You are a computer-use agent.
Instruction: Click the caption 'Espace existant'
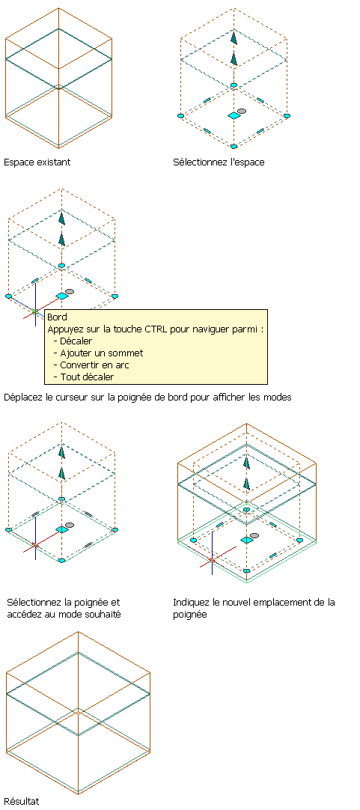point(37,162)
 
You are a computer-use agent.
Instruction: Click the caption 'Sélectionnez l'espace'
point(219,162)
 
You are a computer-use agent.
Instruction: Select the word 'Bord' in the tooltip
point(57,317)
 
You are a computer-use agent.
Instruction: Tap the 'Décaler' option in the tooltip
point(76,341)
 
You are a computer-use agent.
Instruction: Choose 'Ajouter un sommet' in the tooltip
point(101,353)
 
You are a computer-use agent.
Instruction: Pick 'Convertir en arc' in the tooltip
point(94,365)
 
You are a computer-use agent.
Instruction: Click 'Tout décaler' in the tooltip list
point(87,377)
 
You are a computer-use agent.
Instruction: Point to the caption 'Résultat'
point(21,801)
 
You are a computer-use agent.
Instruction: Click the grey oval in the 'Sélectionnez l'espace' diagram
point(242,111)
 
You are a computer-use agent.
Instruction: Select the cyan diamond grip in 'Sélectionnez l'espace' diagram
point(234,116)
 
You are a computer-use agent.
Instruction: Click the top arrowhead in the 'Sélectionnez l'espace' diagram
point(234,38)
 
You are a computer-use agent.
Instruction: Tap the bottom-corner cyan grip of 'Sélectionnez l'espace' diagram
point(234,147)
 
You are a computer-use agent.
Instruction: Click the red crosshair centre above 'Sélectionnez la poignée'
point(35,544)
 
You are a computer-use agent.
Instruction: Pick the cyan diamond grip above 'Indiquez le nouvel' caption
point(247,540)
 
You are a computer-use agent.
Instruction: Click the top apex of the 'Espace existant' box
point(58,8)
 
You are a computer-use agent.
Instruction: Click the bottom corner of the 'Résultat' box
point(78,794)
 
